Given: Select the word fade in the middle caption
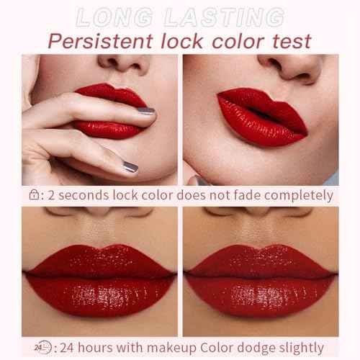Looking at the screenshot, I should (x=239, y=195).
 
